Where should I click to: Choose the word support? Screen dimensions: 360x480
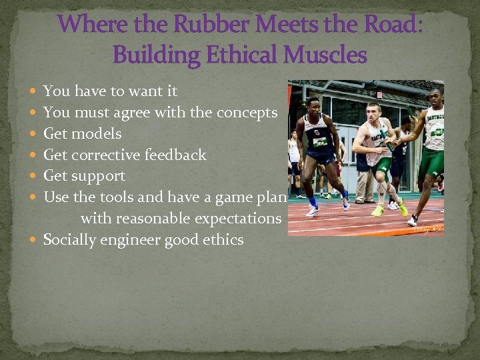[100, 177]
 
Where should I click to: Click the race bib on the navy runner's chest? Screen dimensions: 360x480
[321, 141]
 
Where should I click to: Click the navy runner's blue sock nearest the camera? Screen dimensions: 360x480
[345, 195]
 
